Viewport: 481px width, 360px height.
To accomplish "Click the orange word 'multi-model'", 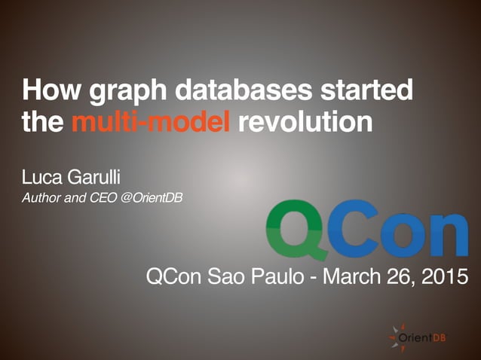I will [x=151, y=122].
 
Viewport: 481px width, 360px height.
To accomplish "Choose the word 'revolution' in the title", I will [x=305, y=122].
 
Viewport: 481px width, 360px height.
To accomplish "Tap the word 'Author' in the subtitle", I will [x=42, y=199].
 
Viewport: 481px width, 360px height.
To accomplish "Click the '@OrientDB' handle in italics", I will [x=152, y=199].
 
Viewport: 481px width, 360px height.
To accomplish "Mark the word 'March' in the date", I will [x=355, y=277].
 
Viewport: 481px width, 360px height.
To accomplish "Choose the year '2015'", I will [x=444, y=277].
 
